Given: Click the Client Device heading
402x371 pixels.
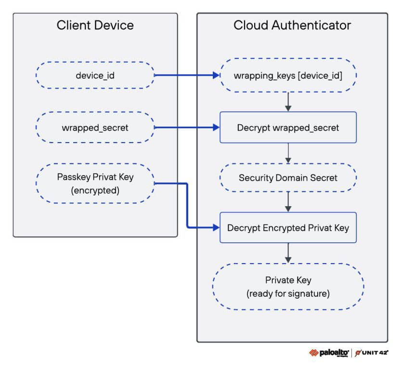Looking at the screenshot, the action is [95, 25].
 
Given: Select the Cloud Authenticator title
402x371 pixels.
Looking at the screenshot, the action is [292, 25].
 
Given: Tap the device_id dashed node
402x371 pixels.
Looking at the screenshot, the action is [95, 75].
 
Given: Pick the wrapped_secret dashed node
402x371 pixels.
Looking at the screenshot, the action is [95, 127].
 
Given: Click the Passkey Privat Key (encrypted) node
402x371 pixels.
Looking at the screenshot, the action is [95, 184].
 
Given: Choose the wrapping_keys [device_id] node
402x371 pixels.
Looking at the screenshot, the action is [288, 75].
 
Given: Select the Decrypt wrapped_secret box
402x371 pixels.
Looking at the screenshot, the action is [288, 127].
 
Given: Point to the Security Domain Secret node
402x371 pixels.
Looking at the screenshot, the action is [288, 177].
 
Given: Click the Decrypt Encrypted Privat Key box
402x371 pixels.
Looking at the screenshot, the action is [288, 227].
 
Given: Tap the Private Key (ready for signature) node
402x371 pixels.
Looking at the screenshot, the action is [288, 287].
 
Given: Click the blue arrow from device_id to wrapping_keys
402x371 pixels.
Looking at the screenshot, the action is [187, 75].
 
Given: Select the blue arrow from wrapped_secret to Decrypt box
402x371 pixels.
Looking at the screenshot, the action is [187, 127].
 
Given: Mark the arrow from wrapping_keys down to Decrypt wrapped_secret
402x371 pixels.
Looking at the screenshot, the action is [288, 102].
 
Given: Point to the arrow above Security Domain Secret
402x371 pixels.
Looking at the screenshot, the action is [288, 153].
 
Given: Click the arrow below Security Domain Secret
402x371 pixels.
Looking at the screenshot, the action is [288, 202].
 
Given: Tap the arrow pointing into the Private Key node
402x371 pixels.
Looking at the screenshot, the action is [288, 253].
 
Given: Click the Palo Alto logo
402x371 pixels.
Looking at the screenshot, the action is [329, 353].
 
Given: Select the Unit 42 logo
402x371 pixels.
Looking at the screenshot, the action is [372, 353].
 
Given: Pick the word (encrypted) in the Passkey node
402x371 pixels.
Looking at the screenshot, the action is [95, 190].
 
